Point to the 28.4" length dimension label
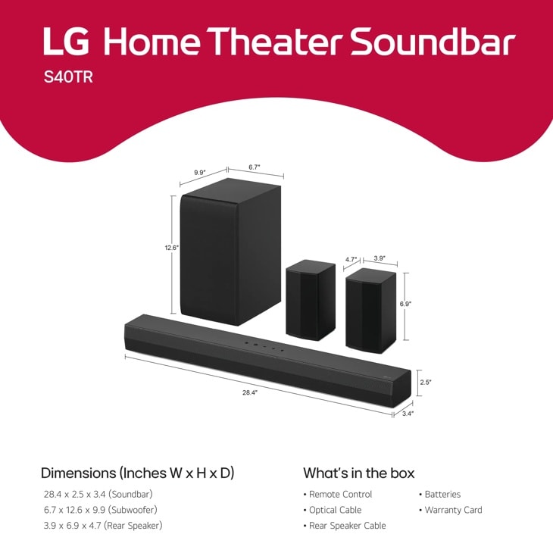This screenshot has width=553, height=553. (x=250, y=392)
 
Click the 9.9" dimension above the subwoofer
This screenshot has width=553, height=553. (x=200, y=173)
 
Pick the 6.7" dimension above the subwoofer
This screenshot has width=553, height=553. (x=255, y=167)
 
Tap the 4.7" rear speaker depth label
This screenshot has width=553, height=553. (x=351, y=259)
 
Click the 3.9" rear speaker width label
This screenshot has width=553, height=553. (x=380, y=258)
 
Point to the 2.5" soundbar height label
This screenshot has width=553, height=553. (x=426, y=382)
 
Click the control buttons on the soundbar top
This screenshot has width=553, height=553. (x=264, y=346)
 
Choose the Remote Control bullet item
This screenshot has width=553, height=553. (x=340, y=494)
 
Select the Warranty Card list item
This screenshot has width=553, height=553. (x=453, y=510)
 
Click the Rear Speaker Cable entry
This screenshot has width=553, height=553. (x=347, y=526)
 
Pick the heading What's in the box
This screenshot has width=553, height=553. (x=358, y=473)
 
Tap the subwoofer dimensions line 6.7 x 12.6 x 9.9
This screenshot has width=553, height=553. (x=100, y=510)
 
